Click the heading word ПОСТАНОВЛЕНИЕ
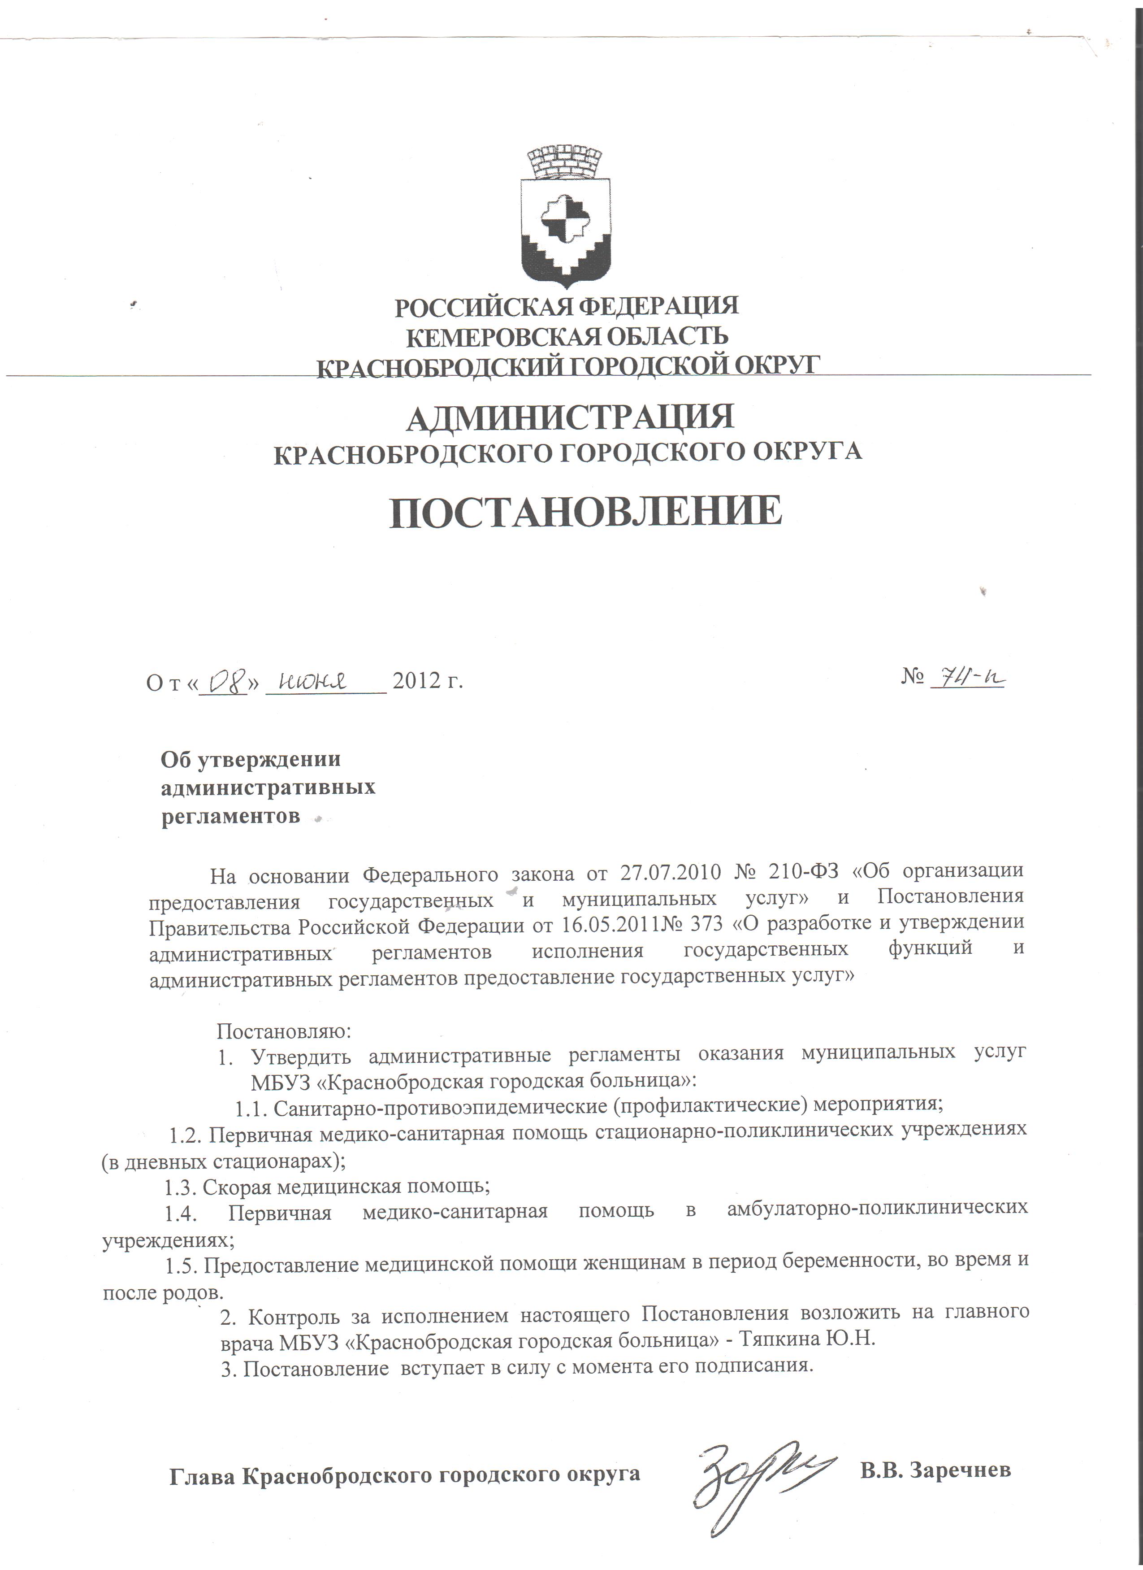(x=585, y=512)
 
